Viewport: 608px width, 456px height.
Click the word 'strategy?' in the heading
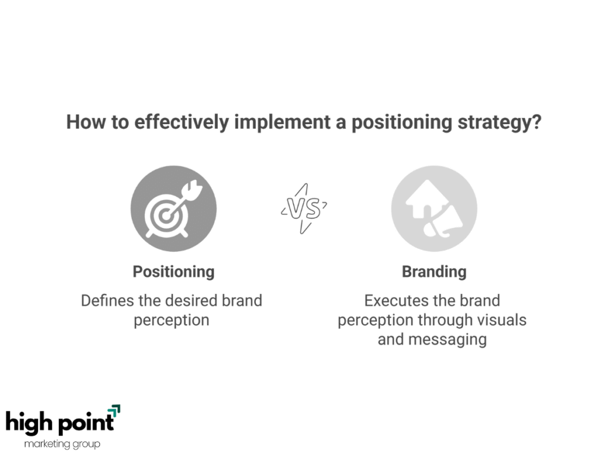click(499, 122)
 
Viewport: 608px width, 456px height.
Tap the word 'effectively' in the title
click(182, 122)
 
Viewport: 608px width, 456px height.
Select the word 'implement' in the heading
click(283, 122)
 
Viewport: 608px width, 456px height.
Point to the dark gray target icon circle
click(173, 208)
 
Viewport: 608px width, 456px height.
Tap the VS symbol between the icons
click(304, 208)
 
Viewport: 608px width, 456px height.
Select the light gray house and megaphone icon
click(434, 208)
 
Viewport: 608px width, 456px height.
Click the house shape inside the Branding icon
click(426, 198)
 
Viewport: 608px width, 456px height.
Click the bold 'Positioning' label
click(173, 272)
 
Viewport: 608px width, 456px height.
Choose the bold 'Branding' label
click(434, 272)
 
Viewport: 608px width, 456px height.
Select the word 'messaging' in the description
click(448, 340)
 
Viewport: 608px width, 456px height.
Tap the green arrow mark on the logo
click(114, 411)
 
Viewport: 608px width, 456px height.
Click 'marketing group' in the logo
click(62, 444)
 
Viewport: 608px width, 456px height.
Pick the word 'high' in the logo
click(29, 422)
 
